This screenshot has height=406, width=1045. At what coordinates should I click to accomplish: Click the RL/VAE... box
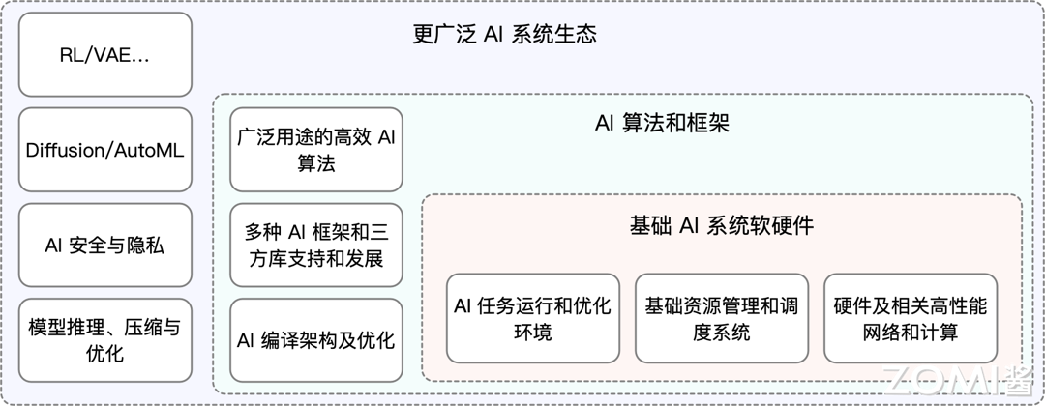[x=105, y=54]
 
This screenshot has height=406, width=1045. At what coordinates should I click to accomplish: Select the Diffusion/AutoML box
[x=105, y=150]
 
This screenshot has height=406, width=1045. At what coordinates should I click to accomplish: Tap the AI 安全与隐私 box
[x=105, y=245]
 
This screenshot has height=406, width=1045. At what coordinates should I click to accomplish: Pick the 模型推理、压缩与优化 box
[x=105, y=340]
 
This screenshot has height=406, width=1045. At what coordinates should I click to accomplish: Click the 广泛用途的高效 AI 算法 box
[x=316, y=150]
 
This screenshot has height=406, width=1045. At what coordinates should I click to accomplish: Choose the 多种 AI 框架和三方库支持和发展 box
[x=316, y=245]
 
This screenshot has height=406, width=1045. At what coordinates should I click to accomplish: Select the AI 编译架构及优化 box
[x=316, y=340]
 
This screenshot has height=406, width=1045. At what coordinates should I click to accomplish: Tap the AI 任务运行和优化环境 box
[x=533, y=318]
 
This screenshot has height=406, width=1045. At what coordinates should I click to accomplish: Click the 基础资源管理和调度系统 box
[x=722, y=318]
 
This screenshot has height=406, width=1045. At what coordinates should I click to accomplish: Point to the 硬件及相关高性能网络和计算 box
[x=911, y=318]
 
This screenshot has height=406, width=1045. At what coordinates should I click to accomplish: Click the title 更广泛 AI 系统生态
[x=504, y=34]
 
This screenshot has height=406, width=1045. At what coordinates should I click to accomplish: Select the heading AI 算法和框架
[x=663, y=123]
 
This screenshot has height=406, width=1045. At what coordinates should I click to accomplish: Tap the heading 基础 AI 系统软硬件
[x=722, y=225]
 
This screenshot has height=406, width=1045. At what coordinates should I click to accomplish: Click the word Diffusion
[x=66, y=151]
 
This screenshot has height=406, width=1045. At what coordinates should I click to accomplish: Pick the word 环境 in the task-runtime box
[x=533, y=332]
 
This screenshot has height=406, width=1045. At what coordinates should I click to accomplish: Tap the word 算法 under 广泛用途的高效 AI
[x=316, y=163]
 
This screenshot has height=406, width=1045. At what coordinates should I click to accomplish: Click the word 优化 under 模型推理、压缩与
[x=105, y=354]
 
